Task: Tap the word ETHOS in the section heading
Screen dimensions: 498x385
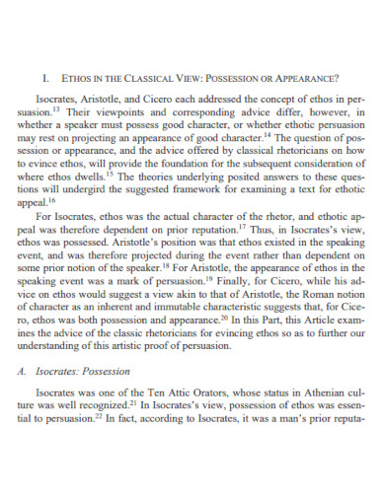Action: coord(77,76)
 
